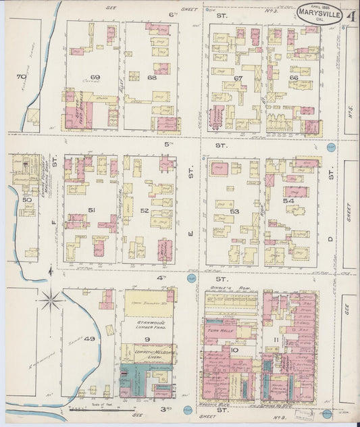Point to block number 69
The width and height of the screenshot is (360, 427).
tap(95, 78)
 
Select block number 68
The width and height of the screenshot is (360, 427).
tap(151, 78)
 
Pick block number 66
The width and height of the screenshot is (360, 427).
tap(293, 78)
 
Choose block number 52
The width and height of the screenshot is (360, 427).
tap(145, 211)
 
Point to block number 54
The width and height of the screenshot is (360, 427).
tap(288, 201)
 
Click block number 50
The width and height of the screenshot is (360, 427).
tap(27, 200)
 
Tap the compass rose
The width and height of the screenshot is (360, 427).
tap(51, 297)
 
